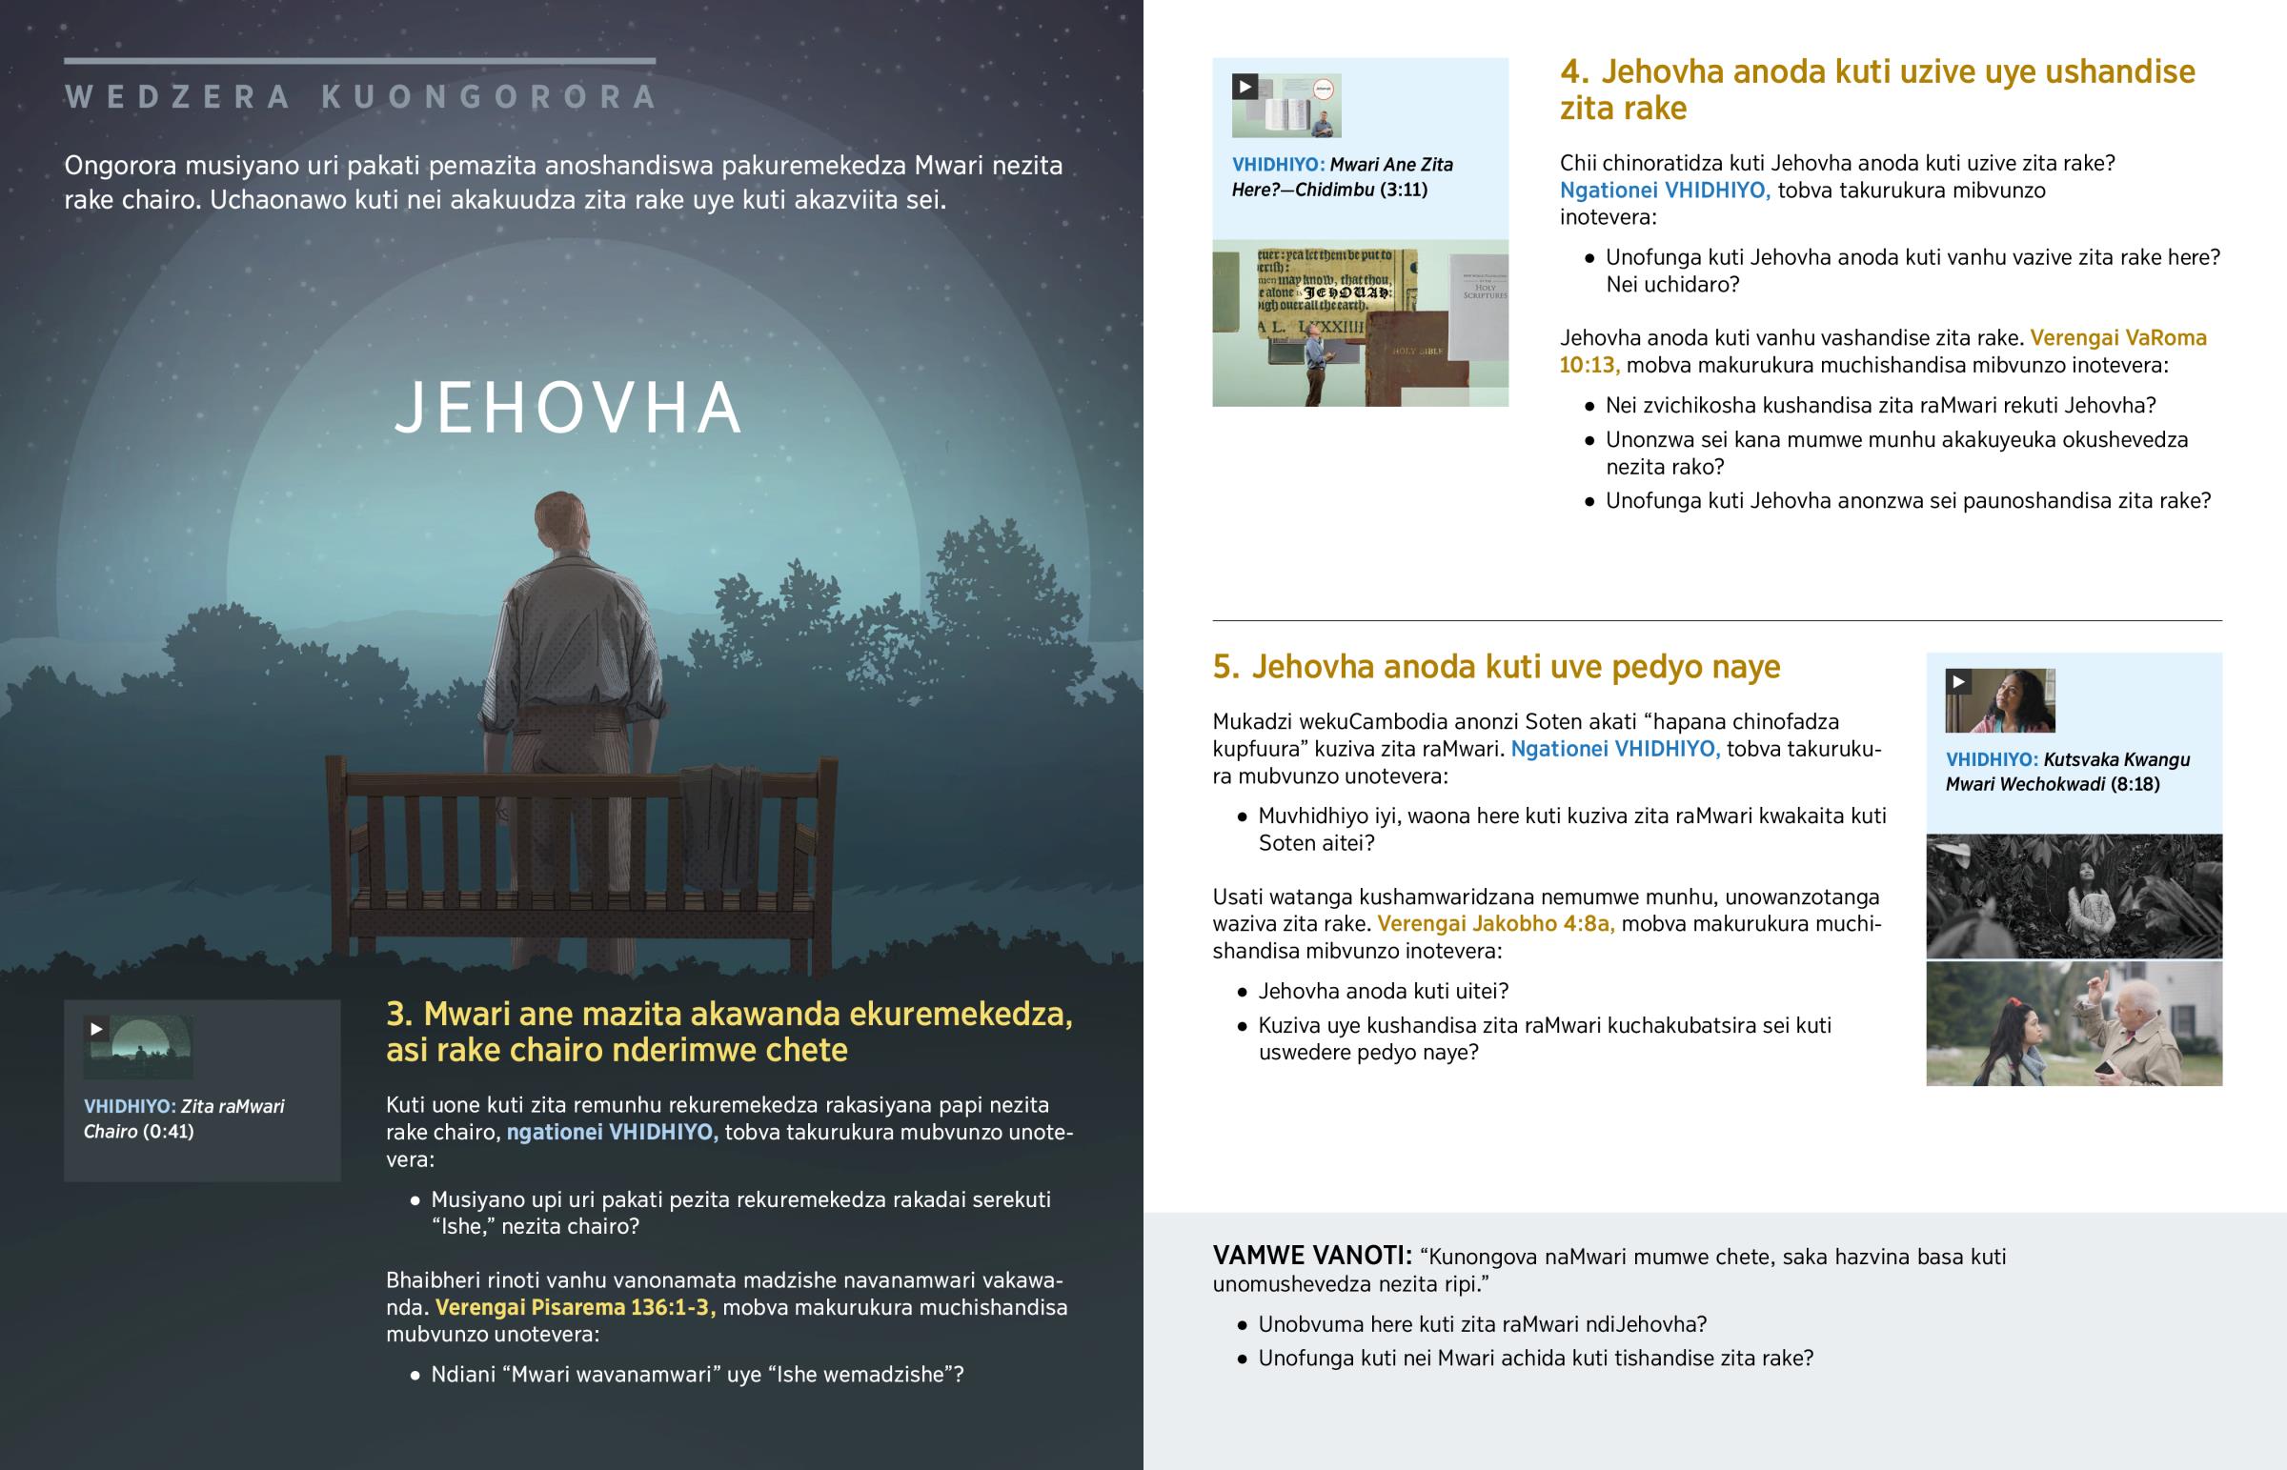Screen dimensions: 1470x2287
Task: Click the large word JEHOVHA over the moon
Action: point(568,409)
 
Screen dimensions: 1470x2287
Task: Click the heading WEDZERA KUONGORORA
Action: point(361,96)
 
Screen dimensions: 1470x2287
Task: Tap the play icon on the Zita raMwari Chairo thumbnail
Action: point(96,1028)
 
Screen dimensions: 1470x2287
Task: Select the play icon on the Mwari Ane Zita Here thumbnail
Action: point(1245,87)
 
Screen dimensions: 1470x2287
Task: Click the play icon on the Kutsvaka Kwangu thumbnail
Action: point(1957,681)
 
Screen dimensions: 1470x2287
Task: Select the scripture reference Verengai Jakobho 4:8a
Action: point(1495,923)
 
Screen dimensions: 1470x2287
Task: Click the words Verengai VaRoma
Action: point(2117,338)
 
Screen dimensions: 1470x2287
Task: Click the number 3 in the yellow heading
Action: point(398,1014)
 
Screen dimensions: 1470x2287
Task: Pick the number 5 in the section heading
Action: point(1224,666)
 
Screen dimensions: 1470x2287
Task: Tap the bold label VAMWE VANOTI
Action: point(1311,1256)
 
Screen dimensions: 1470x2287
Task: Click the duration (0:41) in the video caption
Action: point(168,1131)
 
